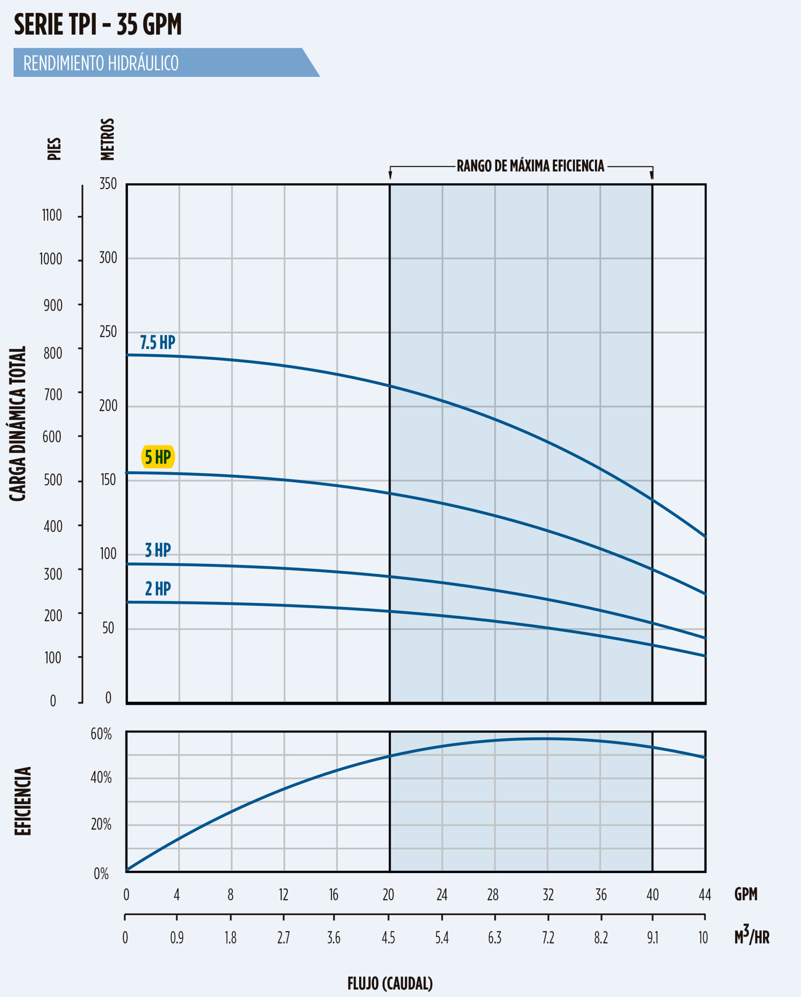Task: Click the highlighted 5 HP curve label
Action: pyautogui.click(x=158, y=457)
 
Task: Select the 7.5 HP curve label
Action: pyautogui.click(x=158, y=343)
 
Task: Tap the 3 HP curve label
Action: pyautogui.click(x=158, y=550)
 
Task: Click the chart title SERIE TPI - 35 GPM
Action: pyautogui.click(x=98, y=25)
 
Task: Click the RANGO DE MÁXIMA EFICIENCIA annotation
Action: pyautogui.click(x=530, y=166)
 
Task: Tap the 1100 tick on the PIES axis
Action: pyautogui.click(x=52, y=215)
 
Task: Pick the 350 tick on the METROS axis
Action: pyautogui.click(x=108, y=184)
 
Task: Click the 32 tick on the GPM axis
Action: pyautogui.click(x=548, y=895)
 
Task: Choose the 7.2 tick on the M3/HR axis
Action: pyautogui.click(x=548, y=937)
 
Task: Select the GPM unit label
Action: pyautogui.click(x=746, y=894)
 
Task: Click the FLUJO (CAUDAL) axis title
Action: pyautogui.click(x=390, y=983)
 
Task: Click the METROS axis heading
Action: pyautogui.click(x=107, y=139)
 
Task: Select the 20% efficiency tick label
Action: pyautogui.click(x=101, y=824)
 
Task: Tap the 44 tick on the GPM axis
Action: pyautogui.click(x=705, y=895)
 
